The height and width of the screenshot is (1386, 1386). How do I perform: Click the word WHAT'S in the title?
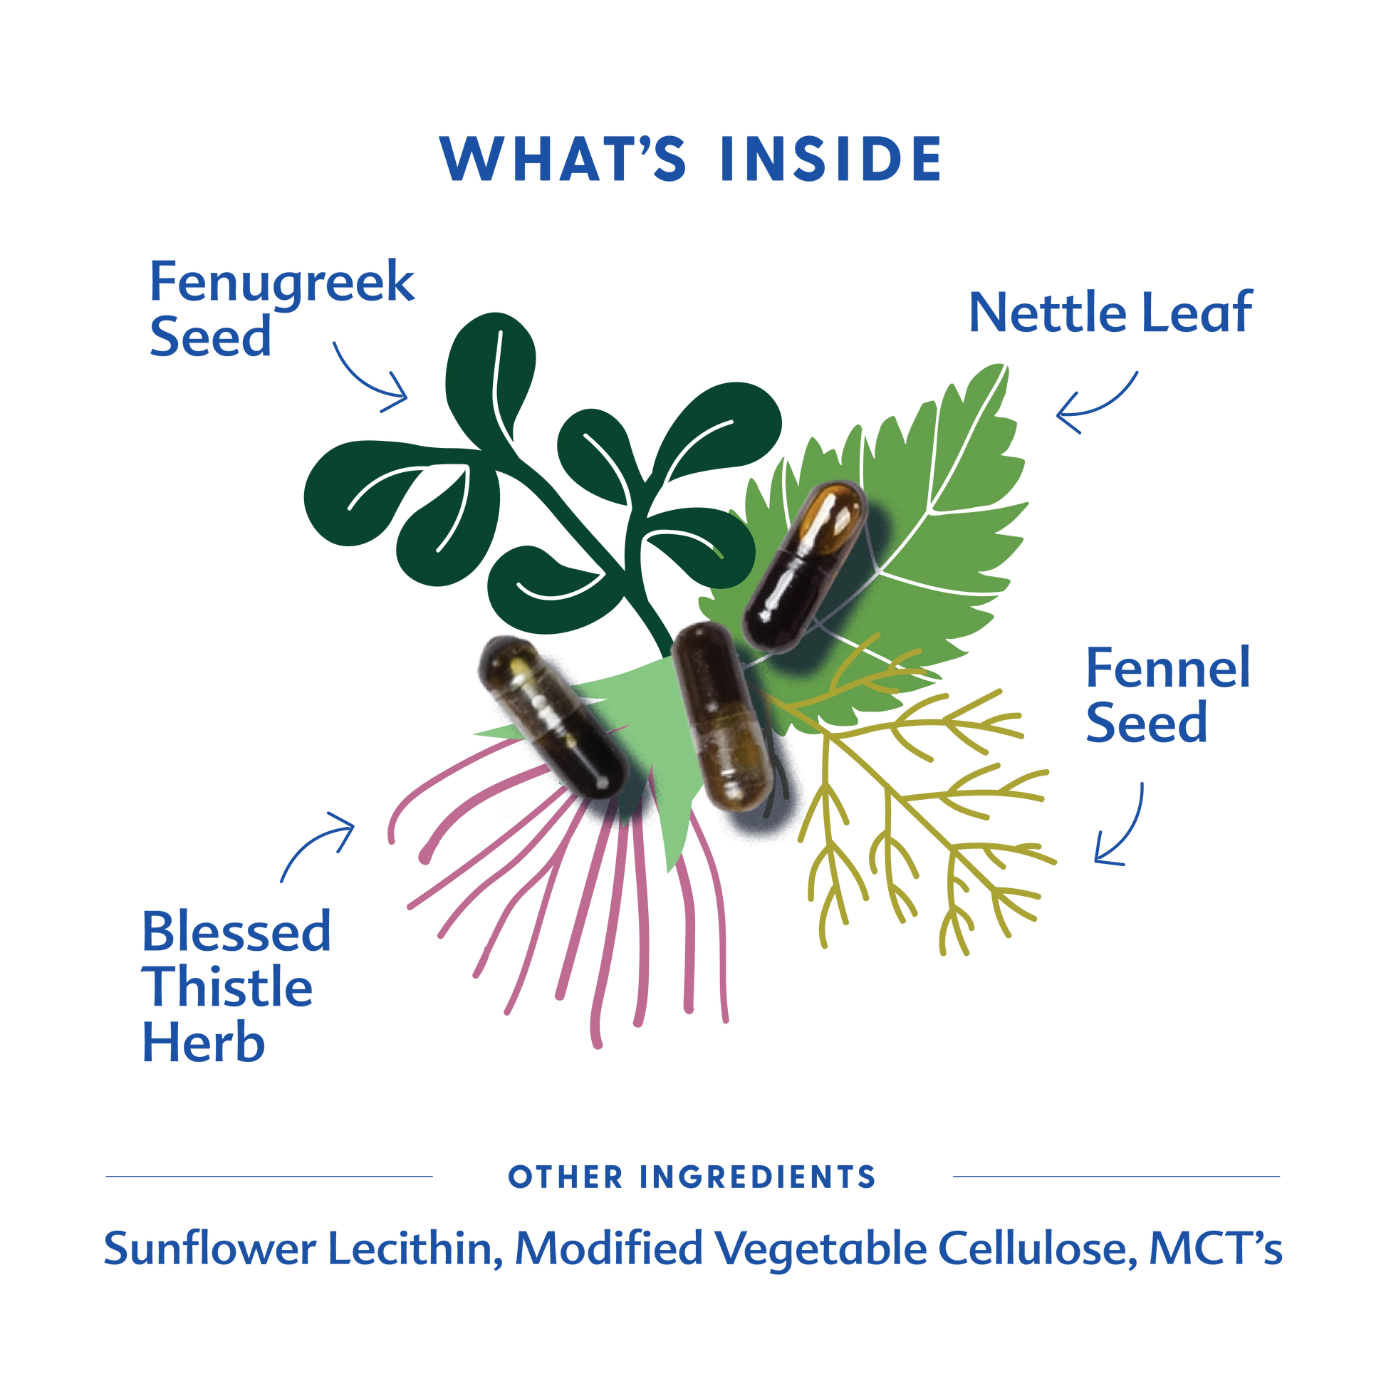click(564, 159)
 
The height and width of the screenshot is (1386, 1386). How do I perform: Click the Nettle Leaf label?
click(1110, 313)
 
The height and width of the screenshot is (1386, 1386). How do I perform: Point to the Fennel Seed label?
click(1167, 694)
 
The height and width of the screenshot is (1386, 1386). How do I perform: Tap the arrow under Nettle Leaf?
click(1096, 405)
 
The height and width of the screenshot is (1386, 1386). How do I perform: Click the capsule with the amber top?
click(804, 567)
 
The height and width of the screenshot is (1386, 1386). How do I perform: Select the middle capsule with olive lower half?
click(721, 716)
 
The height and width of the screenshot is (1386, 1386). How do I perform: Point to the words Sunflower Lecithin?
click(298, 1249)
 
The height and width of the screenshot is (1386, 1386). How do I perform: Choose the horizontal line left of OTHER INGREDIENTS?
click(269, 1177)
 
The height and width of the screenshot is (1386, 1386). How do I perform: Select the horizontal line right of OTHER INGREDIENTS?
click(1115, 1177)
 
